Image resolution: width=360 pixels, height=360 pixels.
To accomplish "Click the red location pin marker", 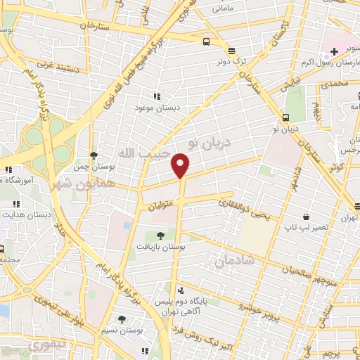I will (181, 165).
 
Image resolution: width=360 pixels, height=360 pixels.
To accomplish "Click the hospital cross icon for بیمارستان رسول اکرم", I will (335, 52).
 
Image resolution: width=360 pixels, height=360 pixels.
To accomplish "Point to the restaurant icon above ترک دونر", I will (231, 50).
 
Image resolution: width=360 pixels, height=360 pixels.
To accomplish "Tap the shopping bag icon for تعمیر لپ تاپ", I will (307, 217).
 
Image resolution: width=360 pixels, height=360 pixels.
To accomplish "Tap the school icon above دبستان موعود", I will (156, 97).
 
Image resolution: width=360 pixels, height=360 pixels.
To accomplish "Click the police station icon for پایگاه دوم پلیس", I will (181, 290).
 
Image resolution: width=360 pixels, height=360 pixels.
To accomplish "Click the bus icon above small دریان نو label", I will (285, 117).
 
